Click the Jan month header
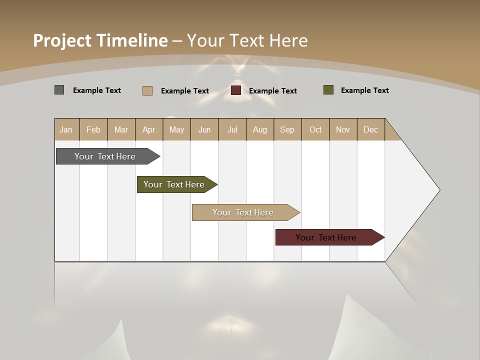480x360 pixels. (x=66, y=129)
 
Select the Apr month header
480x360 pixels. (x=149, y=129)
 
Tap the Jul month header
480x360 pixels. (x=232, y=129)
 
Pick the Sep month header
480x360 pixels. (x=287, y=129)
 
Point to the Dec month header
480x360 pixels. (x=370, y=129)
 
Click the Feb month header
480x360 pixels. (x=93, y=129)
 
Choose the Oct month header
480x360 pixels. (x=315, y=129)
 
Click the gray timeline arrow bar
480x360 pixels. (x=105, y=156)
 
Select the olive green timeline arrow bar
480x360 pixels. (x=174, y=184)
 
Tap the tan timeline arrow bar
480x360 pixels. (x=243, y=212)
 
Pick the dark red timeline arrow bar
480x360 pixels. (x=326, y=237)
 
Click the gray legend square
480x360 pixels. (x=59, y=90)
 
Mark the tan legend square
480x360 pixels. (x=147, y=90)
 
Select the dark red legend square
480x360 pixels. (x=236, y=90)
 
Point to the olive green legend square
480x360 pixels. (x=328, y=90)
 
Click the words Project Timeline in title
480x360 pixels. (x=100, y=40)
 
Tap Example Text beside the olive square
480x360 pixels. (x=364, y=90)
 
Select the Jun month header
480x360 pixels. (x=204, y=129)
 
